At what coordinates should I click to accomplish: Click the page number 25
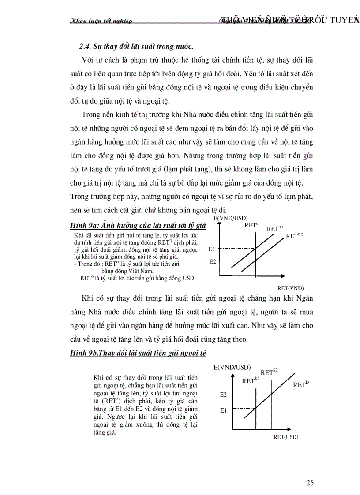point(310,482)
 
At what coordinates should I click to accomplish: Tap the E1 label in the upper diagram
point(212,249)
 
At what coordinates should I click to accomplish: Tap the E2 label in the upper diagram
point(212,261)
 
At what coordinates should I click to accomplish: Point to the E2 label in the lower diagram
point(223,394)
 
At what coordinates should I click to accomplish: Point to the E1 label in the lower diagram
point(223,410)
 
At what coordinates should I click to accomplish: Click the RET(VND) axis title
point(291,287)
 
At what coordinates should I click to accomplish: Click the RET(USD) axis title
point(286,437)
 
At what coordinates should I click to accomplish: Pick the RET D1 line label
point(275,228)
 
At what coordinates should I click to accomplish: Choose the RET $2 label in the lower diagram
point(269,372)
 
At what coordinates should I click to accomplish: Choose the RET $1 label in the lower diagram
point(250,380)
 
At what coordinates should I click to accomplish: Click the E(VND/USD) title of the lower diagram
point(232,367)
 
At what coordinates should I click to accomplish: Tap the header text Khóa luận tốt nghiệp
point(101,20)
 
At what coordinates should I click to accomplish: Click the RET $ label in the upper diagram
point(251,225)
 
